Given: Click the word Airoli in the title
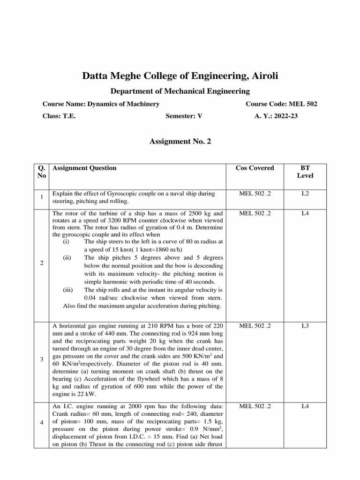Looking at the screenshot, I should pos(262,75).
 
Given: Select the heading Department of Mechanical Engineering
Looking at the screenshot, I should pos(180,91).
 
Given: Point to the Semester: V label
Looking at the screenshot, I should pos(184,116).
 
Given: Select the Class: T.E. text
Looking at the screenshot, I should pos(59,116).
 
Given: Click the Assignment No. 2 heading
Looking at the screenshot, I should pos(180,141).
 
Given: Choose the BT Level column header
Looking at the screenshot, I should pos(305,172).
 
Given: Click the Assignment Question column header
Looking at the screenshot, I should pos(84,168).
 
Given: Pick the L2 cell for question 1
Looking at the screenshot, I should pos(305,193).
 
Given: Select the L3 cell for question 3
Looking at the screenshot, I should pos(305,325).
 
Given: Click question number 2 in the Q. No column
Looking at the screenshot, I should pos(42,263).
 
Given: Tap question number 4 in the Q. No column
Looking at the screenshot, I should pos(42,422).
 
